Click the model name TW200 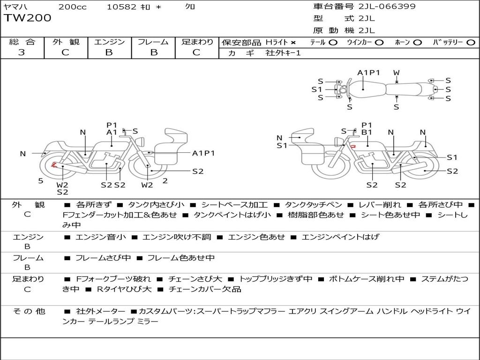pyautogui.click(x=28, y=18)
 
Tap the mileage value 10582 pyautogui.click(x=121, y=7)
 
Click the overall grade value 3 pyautogui.click(x=22, y=52)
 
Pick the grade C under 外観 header pyautogui.click(x=66, y=52)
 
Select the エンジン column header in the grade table pyautogui.click(x=109, y=42)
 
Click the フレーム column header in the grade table pyautogui.click(x=153, y=42)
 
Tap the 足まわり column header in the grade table pyautogui.click(x=197, y=42)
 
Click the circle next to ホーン pyautogui.click(x=418, y=43)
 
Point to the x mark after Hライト pyautogui.click(x=293, y=43)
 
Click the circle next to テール pyautogui.click(x=333, y=43)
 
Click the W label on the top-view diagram pyautogui.click(x=397, y=73)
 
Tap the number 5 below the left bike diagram pyautogui.click(x=41, y=180)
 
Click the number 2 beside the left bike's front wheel pyautogui.click(x=165, y=180)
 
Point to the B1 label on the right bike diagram pyautogui.click(x=367, y=132)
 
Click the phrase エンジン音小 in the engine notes pyautogui.click(x=100, y=237)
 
